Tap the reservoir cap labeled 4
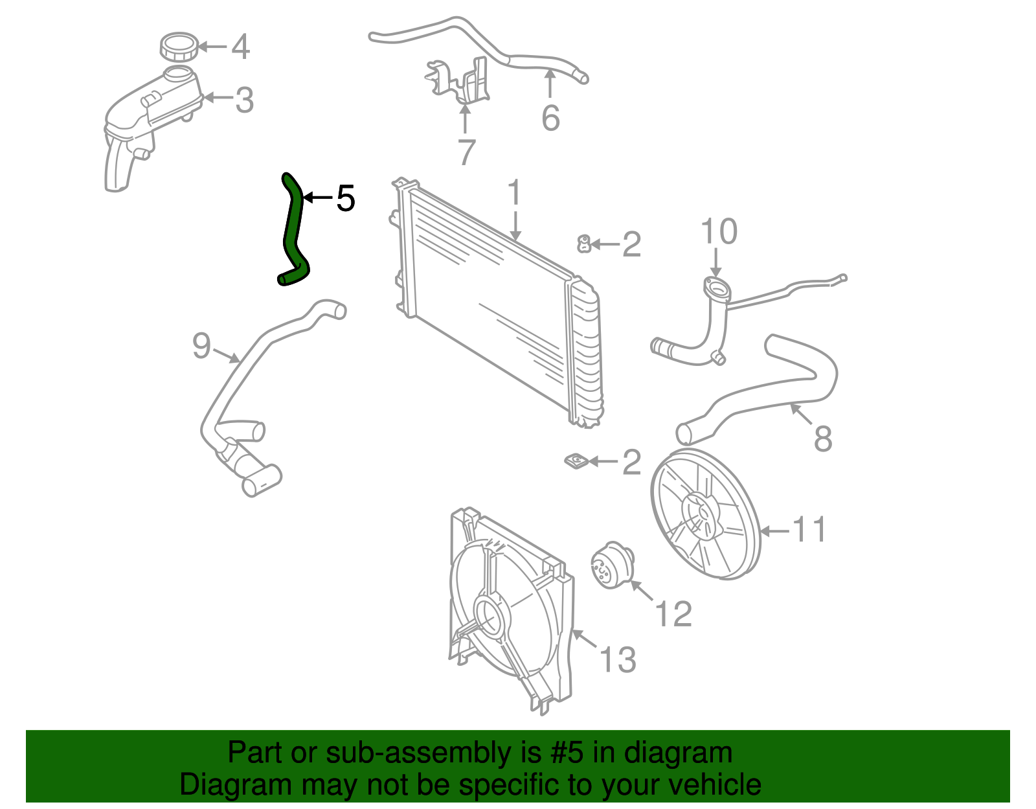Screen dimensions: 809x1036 coord(178,47)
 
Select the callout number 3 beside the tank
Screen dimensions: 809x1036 coord(244,100)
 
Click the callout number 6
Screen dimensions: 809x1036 coord(550,119)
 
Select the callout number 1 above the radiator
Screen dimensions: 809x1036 coord(514,193)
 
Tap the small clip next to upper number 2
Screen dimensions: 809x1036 coord(583,244)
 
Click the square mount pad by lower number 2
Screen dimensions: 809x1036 coord(575,461)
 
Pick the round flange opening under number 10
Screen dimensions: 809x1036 coord(715,288)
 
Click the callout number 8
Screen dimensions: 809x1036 coord(822,439)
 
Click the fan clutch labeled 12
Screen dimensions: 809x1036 coord(611,565)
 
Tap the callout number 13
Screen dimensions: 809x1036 coord(618,660)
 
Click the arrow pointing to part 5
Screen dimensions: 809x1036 coord(317,198)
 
